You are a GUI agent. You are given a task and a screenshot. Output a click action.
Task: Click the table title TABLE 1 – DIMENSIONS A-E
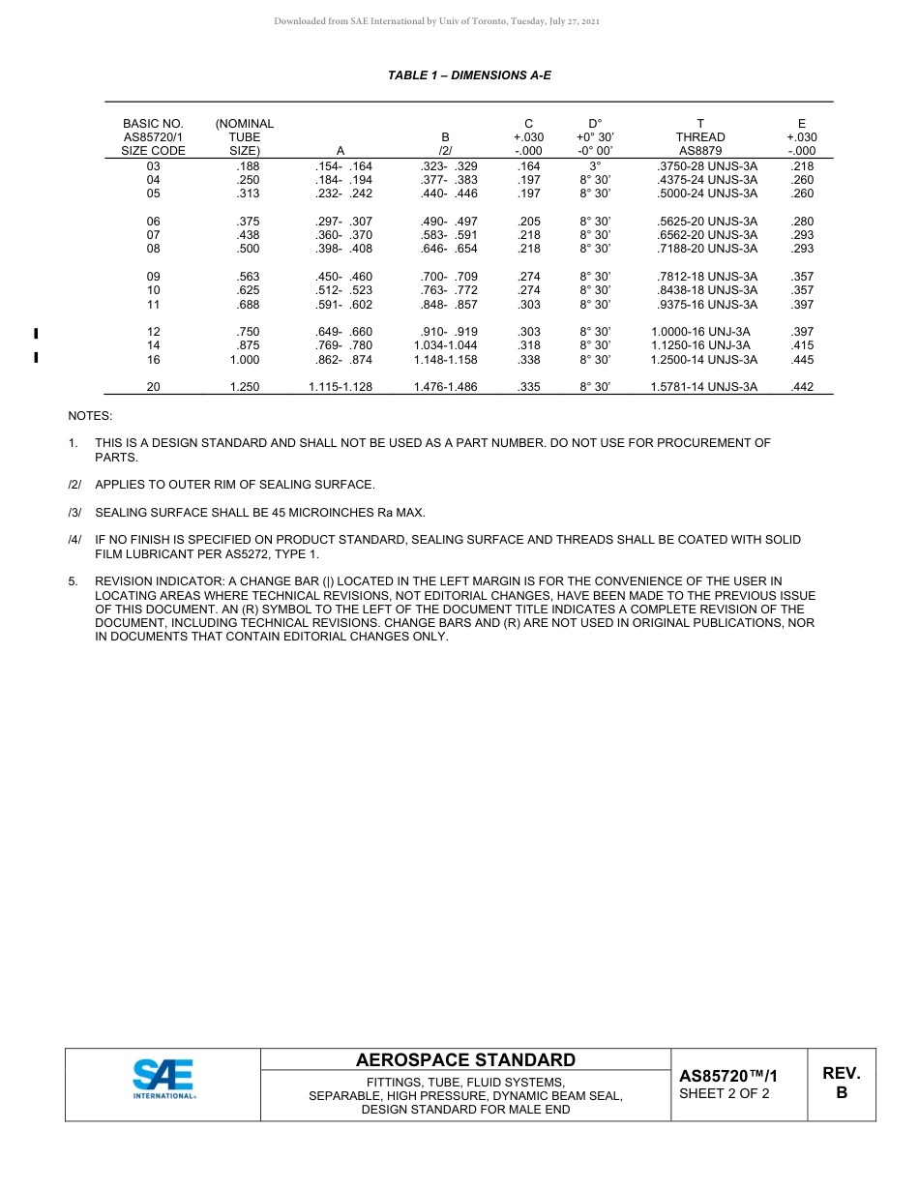click(469, 75)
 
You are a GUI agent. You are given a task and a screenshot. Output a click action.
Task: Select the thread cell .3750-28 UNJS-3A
click(706, 166)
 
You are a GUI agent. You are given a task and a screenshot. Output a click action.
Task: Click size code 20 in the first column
click(153, 387)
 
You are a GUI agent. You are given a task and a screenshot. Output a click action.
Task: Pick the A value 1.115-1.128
click(341, 387)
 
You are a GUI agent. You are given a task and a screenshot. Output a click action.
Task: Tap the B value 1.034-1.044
click(444, 345)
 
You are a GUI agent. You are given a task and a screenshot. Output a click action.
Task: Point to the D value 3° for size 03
click(595, 166)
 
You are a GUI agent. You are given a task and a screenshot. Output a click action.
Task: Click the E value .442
click(802, 387)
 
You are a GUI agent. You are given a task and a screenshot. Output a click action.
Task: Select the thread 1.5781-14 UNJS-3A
click(704, 387)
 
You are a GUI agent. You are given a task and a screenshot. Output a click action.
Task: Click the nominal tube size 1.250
click(245, 387)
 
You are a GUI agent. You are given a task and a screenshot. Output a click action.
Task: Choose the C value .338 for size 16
click(529, 360)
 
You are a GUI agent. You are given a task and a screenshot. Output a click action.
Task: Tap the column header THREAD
click(700, 137)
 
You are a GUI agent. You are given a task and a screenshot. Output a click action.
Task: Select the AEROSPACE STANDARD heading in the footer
click(465, 1060)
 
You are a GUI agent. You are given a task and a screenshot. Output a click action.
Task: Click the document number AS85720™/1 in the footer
click(727, 1076)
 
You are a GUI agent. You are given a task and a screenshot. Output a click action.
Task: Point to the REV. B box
click(841, 1084)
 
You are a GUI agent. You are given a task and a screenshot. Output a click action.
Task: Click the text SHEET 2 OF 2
click(724, 1094)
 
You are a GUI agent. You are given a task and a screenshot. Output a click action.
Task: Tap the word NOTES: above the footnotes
click(90, 416)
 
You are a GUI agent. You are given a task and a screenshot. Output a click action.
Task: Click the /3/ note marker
click(74, 512)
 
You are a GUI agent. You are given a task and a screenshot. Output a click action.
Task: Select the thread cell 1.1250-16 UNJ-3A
click(700, 345)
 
